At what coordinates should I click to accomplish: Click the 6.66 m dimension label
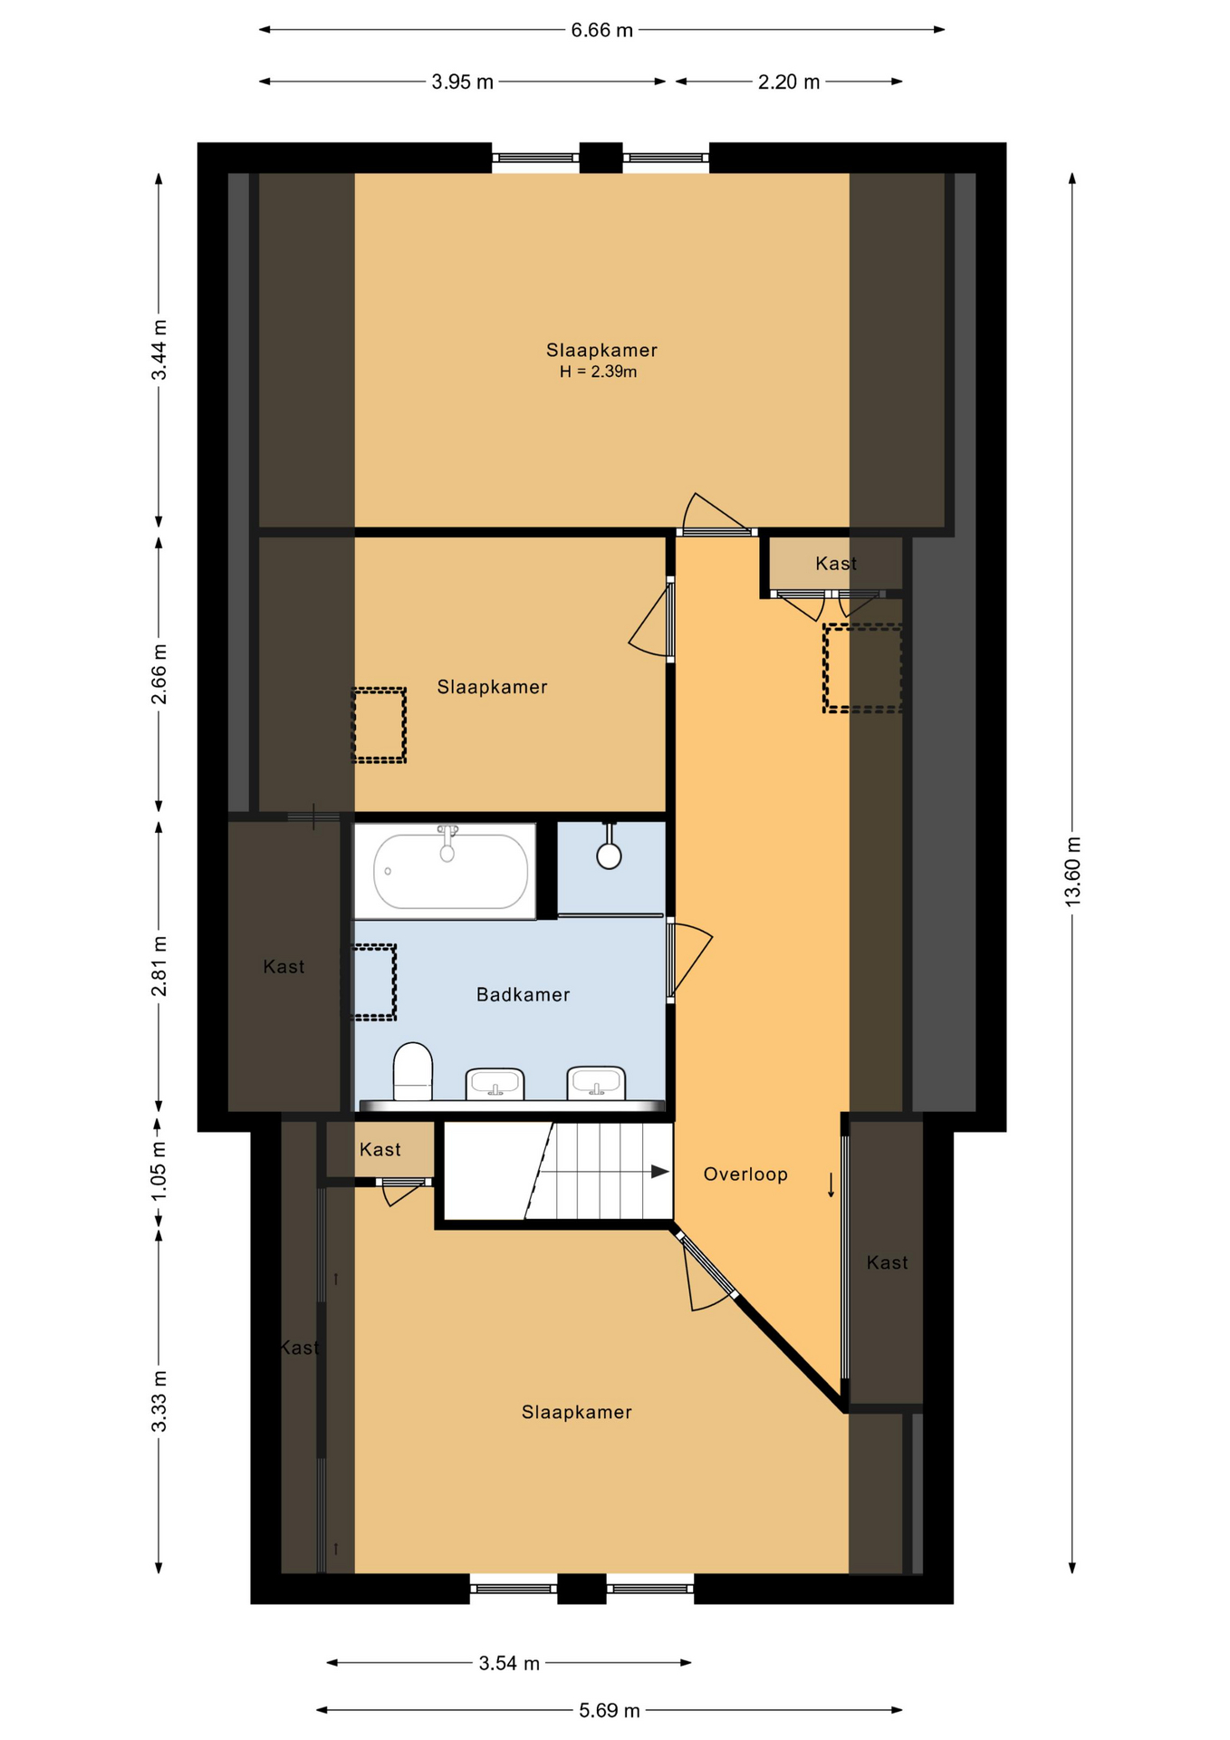(601, 30)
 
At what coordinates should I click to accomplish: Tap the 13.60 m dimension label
(1072, 872)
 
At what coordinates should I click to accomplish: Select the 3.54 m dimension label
(509, 1663)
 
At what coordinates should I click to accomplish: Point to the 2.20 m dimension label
(788, 82)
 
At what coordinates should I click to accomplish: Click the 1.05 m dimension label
(159, 1171)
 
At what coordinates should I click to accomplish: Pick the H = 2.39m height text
(598, 372)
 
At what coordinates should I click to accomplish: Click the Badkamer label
(523, 994)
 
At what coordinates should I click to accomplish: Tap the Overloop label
(745, 1174)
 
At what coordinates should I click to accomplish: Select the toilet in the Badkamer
(412, 1071)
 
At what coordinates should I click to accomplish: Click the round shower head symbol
(609, 855)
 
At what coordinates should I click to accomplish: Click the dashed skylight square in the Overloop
(861, 667)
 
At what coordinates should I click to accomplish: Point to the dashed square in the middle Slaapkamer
(379, 725)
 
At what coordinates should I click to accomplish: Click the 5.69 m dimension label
(609, 1710)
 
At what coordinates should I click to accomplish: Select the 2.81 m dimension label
(159, 966)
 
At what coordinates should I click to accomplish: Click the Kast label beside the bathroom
(283, 966)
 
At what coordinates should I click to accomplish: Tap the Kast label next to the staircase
(380, 1149)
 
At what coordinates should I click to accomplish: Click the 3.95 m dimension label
(462, 82)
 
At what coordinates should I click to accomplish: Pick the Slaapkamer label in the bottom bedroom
(576, 1412)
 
